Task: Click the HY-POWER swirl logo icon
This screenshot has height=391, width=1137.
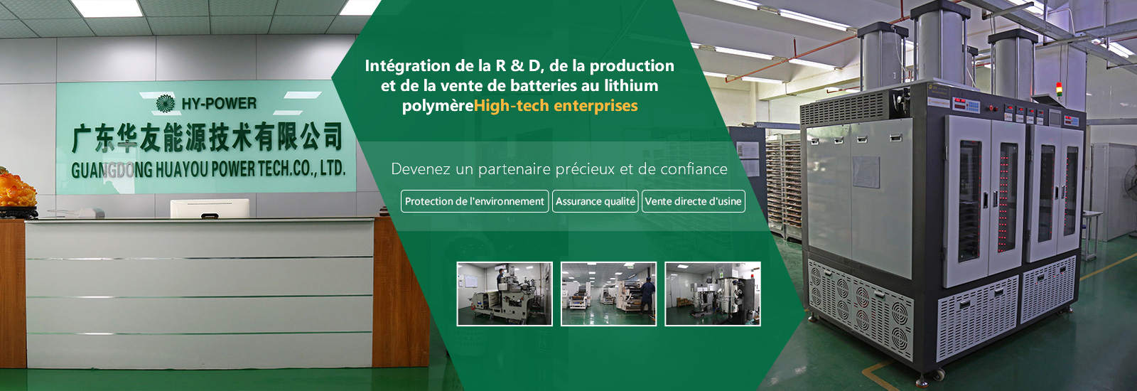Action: point(165,103)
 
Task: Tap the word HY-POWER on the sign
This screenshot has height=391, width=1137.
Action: point(220,104)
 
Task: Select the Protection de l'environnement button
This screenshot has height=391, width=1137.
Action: point(475,201)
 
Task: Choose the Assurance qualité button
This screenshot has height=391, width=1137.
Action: point(595,201)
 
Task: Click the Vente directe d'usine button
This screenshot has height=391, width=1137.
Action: point(694,201)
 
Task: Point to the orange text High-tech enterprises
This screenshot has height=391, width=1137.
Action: point(555,106)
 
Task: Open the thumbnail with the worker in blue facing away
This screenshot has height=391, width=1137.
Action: point(608,294)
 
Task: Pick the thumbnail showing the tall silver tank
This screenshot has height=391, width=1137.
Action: point(713,294)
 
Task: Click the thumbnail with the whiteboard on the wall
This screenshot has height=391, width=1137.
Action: point(505,294)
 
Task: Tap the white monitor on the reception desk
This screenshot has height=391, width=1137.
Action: point(210,209)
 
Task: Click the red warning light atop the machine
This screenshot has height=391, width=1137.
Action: point(1059,87)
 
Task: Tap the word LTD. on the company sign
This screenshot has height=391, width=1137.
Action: point(333,168)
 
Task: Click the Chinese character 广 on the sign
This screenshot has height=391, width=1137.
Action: point(82,139)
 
